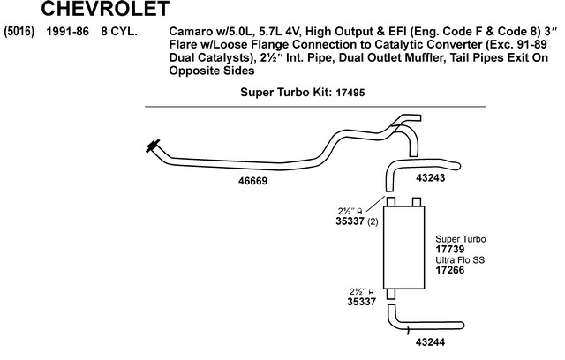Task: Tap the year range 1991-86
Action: tap(65, 32)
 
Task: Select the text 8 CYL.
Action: tap(118, 32)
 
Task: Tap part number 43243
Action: tap(430, 177)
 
